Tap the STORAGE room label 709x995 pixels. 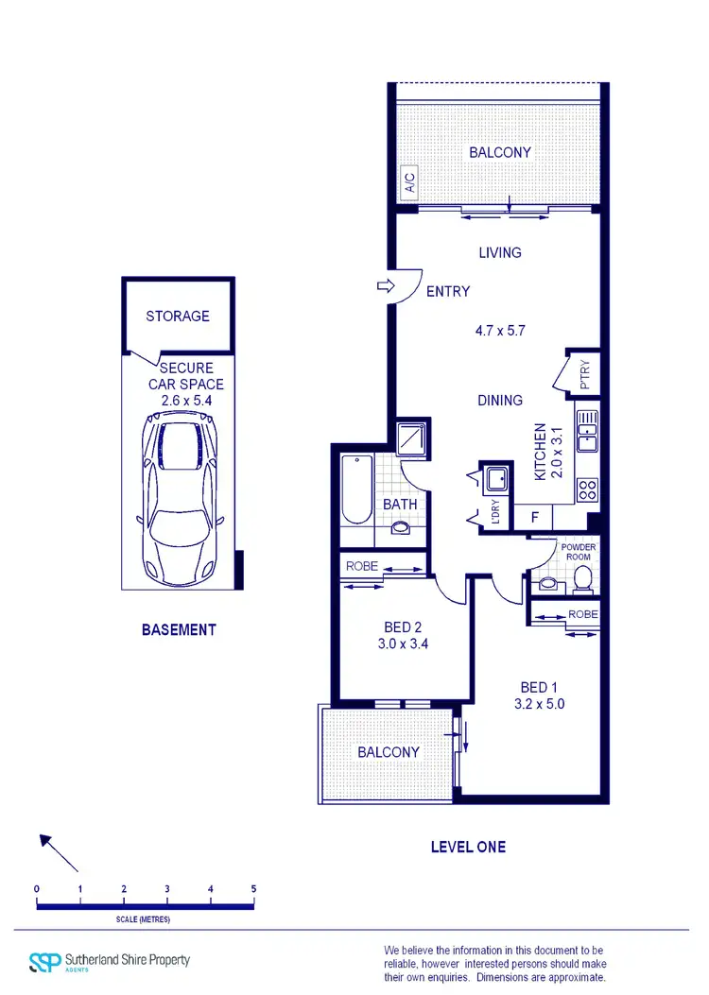[x=178, y=316]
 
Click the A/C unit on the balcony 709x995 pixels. [x=409, y=181]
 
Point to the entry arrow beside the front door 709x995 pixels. [x=384, y=285]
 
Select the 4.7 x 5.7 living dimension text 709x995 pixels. [x=499, y=331]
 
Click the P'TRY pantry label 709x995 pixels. [x=584, y=374]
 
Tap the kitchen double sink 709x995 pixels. [x=587, y=429]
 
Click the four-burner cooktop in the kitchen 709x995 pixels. [x=587, y=489]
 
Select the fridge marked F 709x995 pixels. [x=534, y=518]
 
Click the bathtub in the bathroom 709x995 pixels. [x=356, y=491]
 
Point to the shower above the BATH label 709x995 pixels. [x=412, y=438]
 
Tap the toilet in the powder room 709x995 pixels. [x=582, y=577]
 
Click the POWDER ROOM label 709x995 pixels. [x=578, y=552]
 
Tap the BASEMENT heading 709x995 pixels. [x=179, y=629]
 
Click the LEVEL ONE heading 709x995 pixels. [x=468, y=847]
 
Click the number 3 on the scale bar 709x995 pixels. [x=167, y=889]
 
